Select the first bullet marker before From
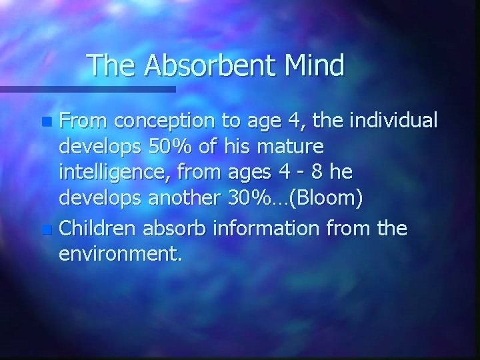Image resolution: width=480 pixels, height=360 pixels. [45, 123]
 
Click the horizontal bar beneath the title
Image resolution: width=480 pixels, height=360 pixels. [87, 89]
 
